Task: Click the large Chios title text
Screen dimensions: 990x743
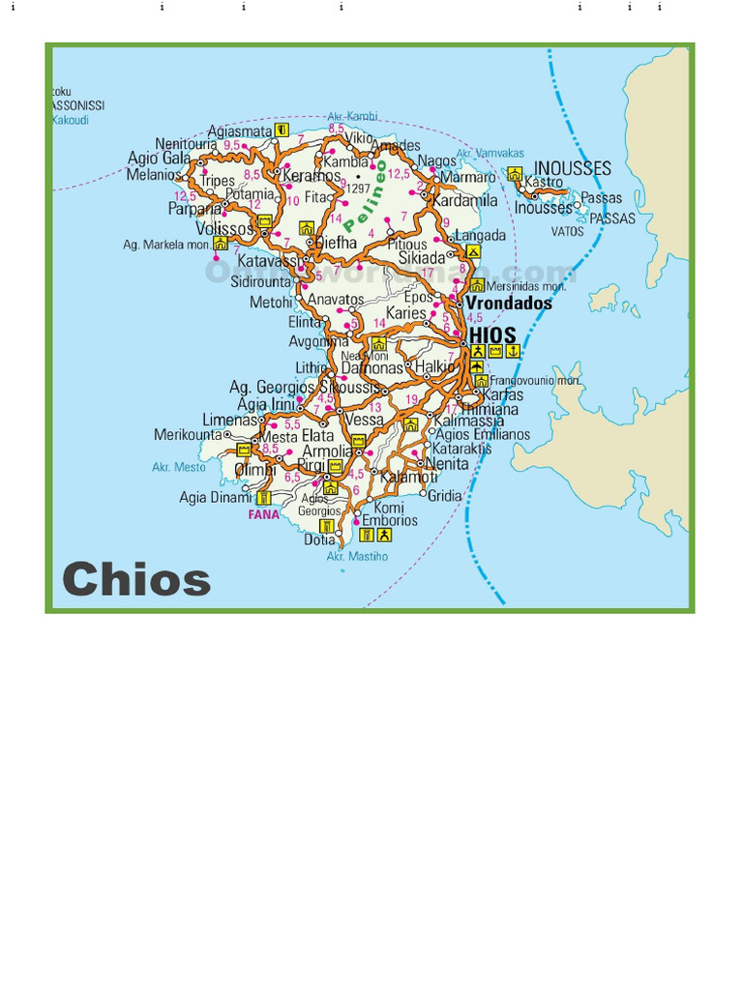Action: (x=136, y=579)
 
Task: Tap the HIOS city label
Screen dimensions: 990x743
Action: (x=492, y=335)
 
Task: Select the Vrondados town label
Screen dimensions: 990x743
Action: (x=509, y=303)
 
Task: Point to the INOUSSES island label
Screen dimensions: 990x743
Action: (x=573, y=168)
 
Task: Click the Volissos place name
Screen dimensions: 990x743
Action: (x=225, y=229)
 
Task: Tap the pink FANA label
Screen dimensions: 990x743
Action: (x=263, y=514)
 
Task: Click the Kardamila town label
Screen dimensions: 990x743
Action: (x=464, y=200)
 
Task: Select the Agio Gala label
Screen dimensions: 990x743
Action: (x=160, y=159)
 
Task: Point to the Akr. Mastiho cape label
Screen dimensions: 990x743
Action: (x=357, y=556)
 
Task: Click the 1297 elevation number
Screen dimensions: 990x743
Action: (x=359, y=189)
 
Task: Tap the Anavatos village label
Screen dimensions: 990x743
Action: (x=336, y=300)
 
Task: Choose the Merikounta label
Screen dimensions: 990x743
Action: (x=188, y=435)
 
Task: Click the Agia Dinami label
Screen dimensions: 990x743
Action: (x=214, y=498)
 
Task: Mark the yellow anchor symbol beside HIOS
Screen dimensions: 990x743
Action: (x=514, y=351)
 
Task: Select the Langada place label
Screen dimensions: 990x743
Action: (x=480, y=235)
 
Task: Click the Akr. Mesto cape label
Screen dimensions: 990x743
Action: (x=179, y=467)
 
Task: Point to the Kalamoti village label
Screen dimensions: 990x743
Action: (x=408, y=478)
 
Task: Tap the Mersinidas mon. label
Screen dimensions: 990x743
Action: (x=526, y=286)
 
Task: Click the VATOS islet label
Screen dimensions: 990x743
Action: (x=568, y=231)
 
